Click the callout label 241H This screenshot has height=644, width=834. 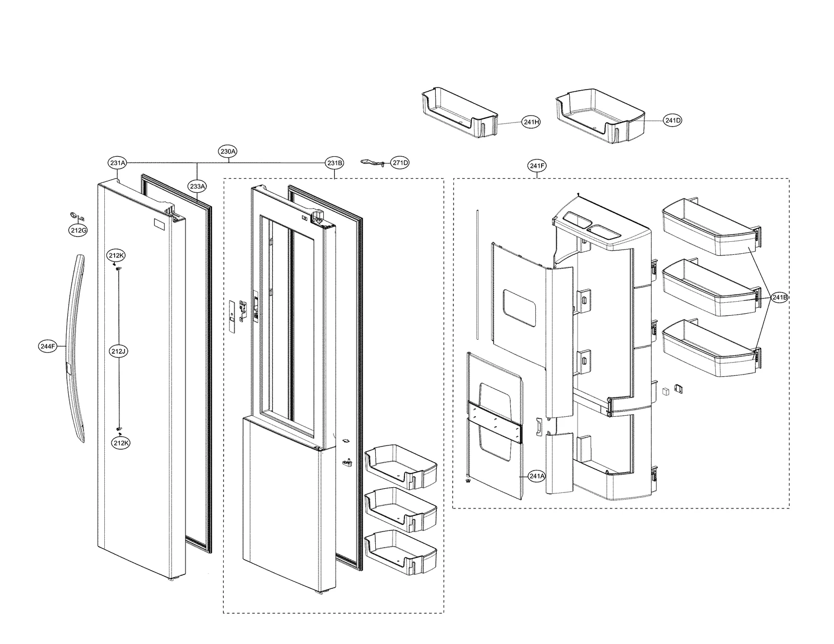[531, 122]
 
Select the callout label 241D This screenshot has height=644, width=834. [672, 120]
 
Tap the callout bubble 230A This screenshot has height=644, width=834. [228, 152]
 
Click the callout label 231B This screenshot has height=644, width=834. [335, 163]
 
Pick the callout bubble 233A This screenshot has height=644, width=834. [198, 185]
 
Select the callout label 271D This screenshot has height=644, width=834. [400, 163]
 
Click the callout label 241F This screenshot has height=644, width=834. [537, 166]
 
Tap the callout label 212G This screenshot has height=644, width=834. [78, 230]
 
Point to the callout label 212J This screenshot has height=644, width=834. [118, 352]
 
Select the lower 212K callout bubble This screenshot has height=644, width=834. [120, 442]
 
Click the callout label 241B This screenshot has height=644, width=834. [780, 298]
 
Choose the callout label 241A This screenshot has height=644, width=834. [536, 475]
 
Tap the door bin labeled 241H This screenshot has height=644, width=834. [459, 115]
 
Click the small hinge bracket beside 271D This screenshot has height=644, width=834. [373, 163]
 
